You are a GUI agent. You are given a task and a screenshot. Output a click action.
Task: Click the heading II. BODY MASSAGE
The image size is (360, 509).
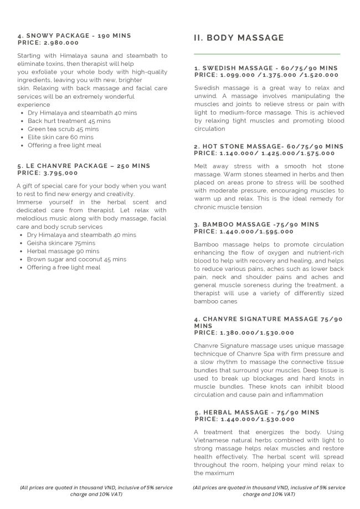coord(239,38)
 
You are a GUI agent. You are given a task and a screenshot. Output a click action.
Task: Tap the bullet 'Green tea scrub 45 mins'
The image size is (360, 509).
coord(63,129)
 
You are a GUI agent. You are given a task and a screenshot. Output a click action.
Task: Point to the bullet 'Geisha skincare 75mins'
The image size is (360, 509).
coord(61,243)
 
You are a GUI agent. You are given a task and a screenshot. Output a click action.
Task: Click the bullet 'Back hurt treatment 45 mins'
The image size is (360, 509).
coord(69,121)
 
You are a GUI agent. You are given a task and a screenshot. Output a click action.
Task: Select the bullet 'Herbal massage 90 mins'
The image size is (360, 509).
coord(63,251)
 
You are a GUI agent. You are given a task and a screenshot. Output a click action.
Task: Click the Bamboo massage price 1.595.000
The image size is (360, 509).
coord(275,231)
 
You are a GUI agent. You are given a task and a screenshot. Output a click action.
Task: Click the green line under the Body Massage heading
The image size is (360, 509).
coord(267,54)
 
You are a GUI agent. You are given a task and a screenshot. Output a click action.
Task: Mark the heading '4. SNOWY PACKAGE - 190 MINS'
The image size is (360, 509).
coord(74,35)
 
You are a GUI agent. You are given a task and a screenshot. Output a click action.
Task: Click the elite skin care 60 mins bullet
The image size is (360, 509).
coord(60,137)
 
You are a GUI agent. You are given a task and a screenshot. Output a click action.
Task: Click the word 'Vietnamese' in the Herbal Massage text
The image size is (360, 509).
coord(213,440)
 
